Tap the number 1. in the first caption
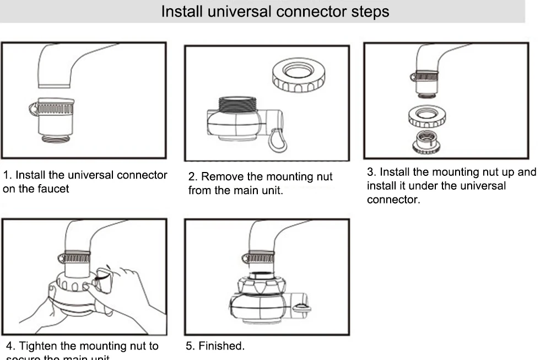[7, 175]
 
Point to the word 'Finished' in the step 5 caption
[221, 346]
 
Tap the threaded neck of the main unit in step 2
[239, 103]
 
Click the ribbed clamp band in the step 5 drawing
[260, 257]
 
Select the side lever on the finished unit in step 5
[300, 307]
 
